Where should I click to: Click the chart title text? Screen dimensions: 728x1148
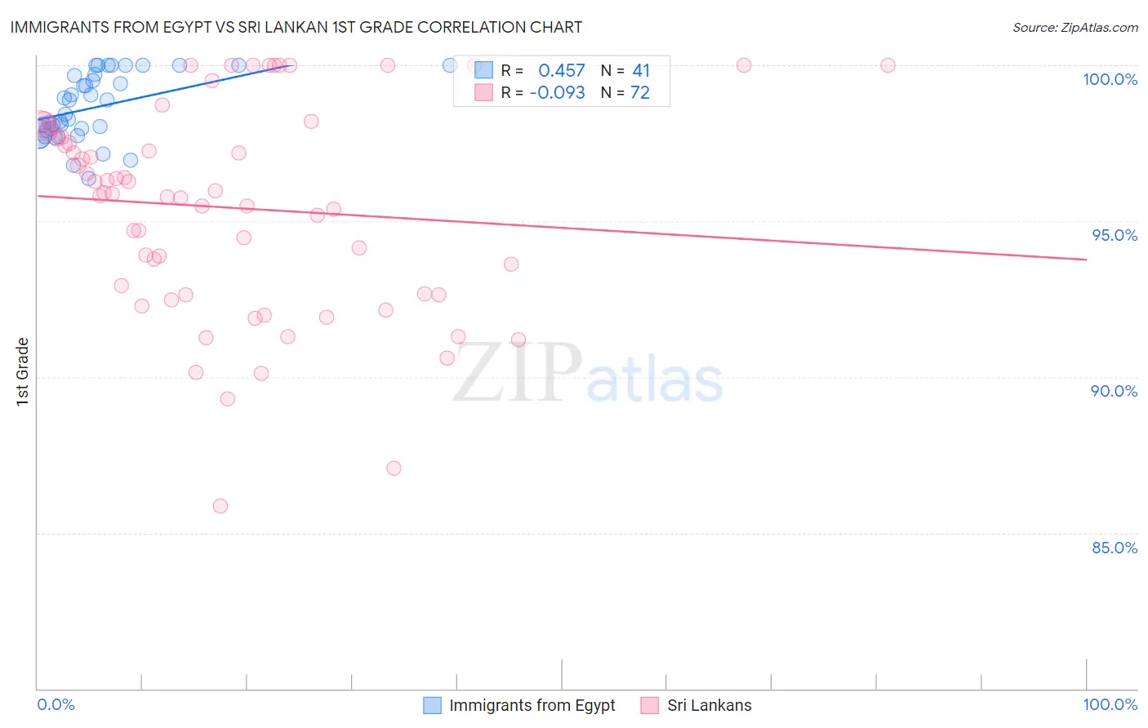click(x=296, y=27)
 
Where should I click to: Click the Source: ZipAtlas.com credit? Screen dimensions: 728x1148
click(x=1075, y=27)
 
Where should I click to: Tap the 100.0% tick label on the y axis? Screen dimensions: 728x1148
click(x=1110, y=79)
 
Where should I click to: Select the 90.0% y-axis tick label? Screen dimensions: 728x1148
click(x=1114, y=391)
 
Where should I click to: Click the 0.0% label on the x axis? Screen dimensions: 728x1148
click(x=56, y=704)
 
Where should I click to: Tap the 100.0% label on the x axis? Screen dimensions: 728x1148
click(x=1110, y=704)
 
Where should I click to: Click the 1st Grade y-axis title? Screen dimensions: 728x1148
click(x=22, y=371)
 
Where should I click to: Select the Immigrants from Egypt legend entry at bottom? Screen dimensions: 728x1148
click(x=519, y=705)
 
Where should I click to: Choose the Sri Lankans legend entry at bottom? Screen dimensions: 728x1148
click(x=696, y=705)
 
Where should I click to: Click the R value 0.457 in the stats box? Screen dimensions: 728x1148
click(x=561, y=71)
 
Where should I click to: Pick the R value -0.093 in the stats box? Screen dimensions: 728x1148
click(x=557, y=93)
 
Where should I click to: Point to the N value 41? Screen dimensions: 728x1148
click(x=641, y=71)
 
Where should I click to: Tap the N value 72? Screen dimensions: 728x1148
click(x=640, y=93)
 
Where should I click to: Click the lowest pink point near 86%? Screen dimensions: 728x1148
click(x=220, y=506)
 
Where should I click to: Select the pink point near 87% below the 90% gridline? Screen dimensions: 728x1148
click(x=394, y=468)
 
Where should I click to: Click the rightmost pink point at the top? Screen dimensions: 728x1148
click(x=888, y=65)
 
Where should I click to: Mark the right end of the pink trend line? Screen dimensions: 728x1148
click(x=1086, y=260)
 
